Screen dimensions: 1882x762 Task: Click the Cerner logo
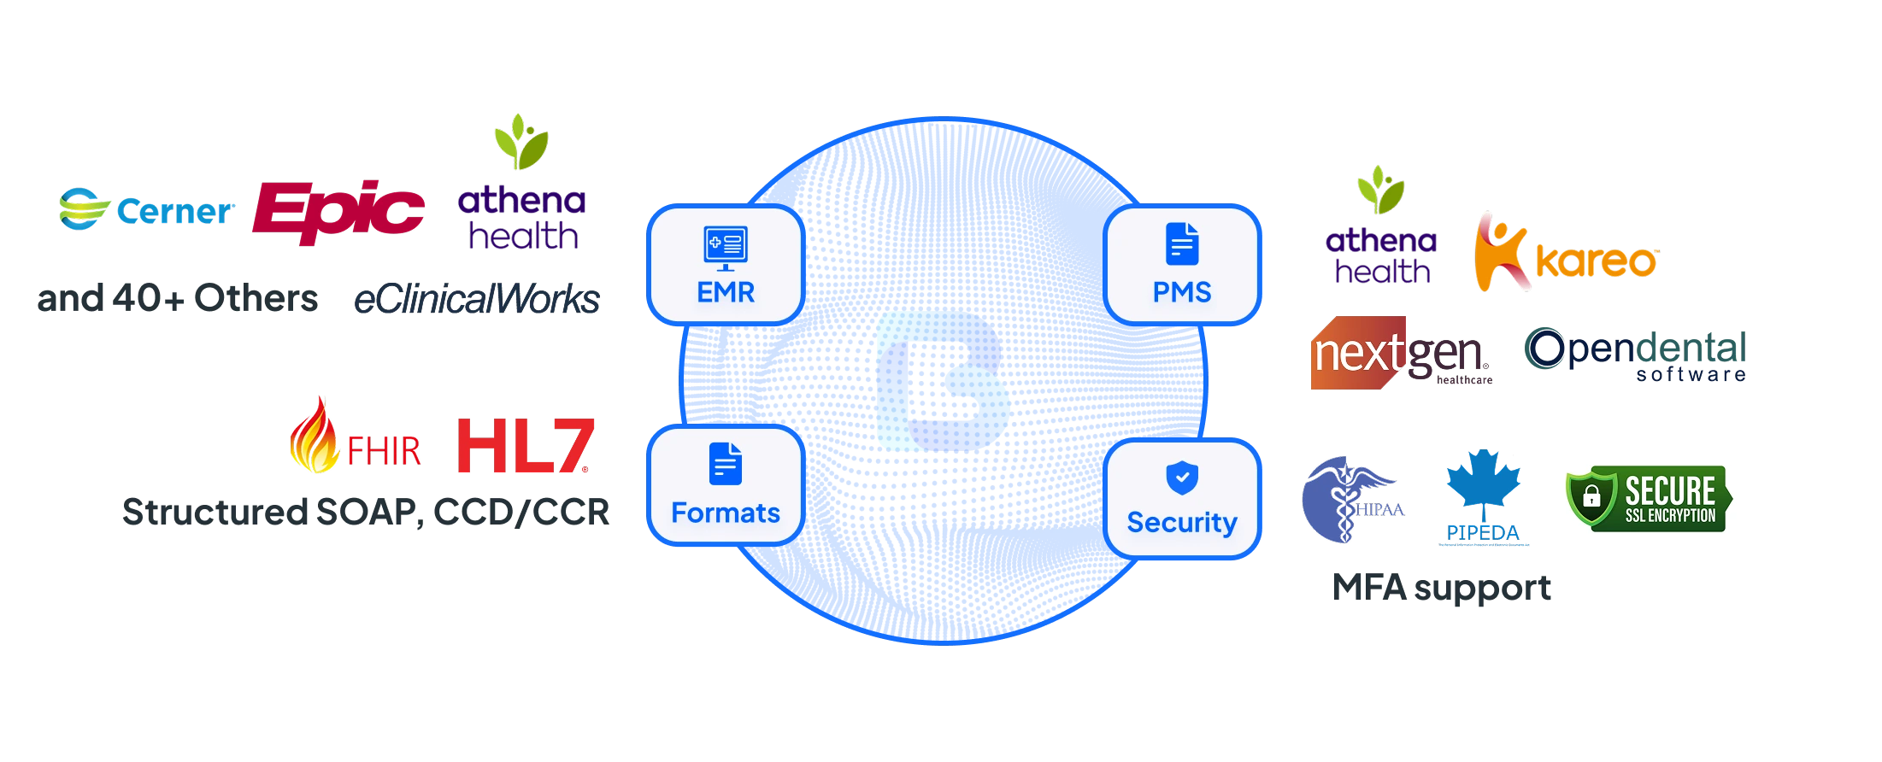pyautogui.click(x=145, y=209)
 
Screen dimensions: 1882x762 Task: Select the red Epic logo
pyautogui.click(x=338, y=209)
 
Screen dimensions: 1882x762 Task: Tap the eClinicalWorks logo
pyautogui.click(x=477, y=299)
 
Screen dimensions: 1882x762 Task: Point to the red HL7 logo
pyautogui.click(x=523, y=446)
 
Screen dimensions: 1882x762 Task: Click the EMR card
pyautogui.click(x=725, y=265)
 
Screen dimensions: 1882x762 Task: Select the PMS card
pyautogui.click(x=1183, y=265)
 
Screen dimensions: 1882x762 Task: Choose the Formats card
pyautogui.click(x=725, y=485)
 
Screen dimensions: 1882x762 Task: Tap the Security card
pyautogui.click(x=1183, y=497)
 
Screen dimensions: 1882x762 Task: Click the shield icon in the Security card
pyautogui.click(x=1182, y=478)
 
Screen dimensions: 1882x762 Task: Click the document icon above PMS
pyautogui.click(x=1182, y=244)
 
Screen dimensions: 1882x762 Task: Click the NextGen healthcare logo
pyautogui.click(x=1400, y=354)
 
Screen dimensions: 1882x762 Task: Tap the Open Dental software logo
pyautogui.click(x=1636, y=353)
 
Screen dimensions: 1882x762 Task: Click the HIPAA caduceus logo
pyautogui.click(x=1350, y=500)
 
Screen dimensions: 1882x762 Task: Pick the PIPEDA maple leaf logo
pyautogui.click(x=1483, y=495)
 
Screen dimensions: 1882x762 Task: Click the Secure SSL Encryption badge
pyautogui.click(x=1650, y=499)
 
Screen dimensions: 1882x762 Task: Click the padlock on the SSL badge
pyautogui.click(x=1591, y=496)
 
